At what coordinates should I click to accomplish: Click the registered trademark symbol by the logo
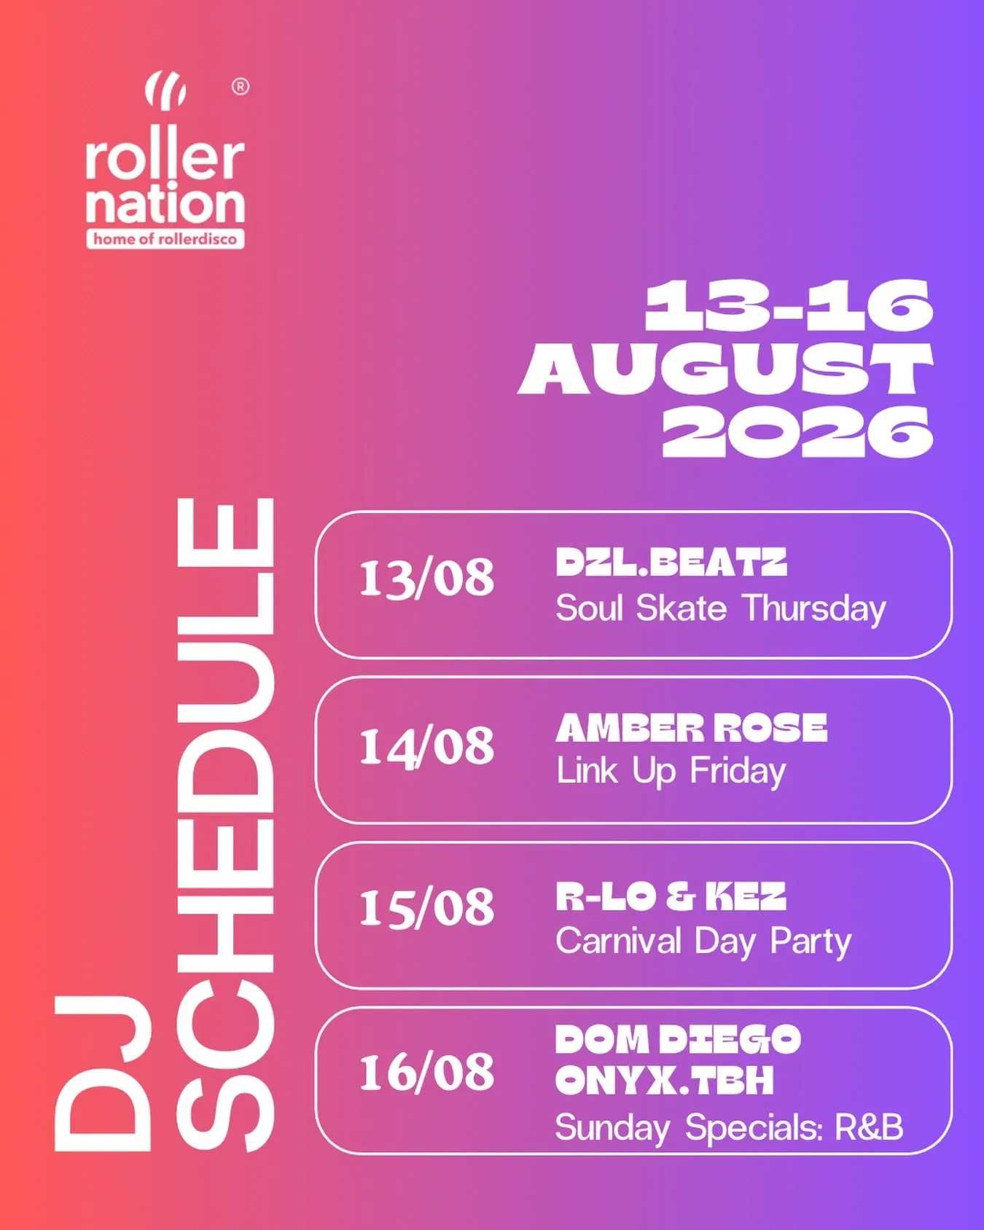(x=241, y=87)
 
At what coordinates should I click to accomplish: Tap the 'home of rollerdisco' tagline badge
(x=165, y=239)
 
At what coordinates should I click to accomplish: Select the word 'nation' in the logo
(x=165, y=203)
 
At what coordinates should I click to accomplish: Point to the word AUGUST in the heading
(x=726, y=369)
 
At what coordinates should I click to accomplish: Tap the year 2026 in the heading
(x=797, y=431)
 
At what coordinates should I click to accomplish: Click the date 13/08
(x=426, y=579)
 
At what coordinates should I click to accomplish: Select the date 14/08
(x=426, y=747)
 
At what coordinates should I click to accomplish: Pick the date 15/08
(x=426, y=909)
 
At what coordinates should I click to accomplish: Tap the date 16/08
(x=426, y=1073)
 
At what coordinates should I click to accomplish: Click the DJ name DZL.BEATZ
(x=671, y=563)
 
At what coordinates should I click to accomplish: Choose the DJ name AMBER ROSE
(x=692, y=728)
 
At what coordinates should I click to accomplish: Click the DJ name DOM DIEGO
(x=678, y=1040)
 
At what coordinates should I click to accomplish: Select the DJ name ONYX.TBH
(x=664, y=1081)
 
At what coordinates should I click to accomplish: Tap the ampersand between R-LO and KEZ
(x=680, y=896)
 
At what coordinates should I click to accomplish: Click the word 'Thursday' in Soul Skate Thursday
(x=814, y=609)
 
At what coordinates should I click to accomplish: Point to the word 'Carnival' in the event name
(x=618, y=941)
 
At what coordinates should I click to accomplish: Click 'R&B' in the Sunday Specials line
(x=869, y=1127)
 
